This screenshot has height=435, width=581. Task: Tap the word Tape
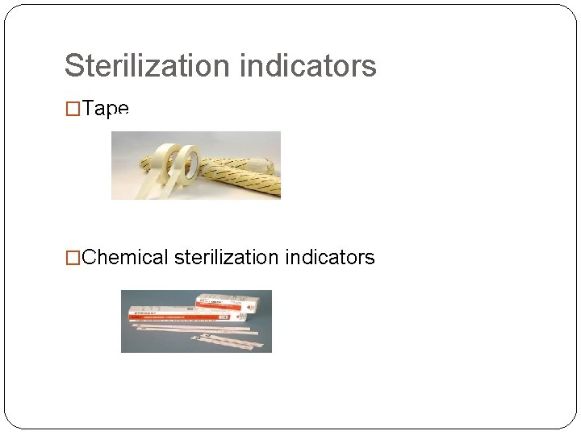click(x=106, y=110)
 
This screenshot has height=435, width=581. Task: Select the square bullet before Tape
click(x=73, y=110)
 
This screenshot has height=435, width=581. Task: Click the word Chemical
click(x=125, y=258)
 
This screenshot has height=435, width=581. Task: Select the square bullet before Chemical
click(x=73, y=258)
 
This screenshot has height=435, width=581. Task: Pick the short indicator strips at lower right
click(x=234, y=342)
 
